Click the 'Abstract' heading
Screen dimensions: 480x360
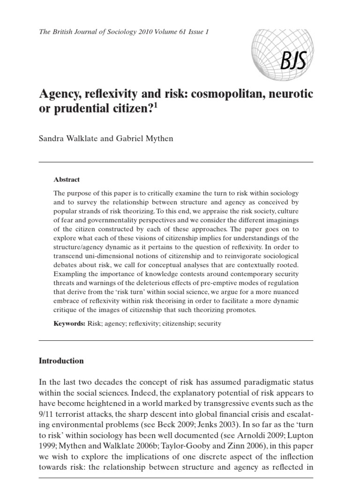pos(67,180)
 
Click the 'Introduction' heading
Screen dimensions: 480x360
pos(61,361)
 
